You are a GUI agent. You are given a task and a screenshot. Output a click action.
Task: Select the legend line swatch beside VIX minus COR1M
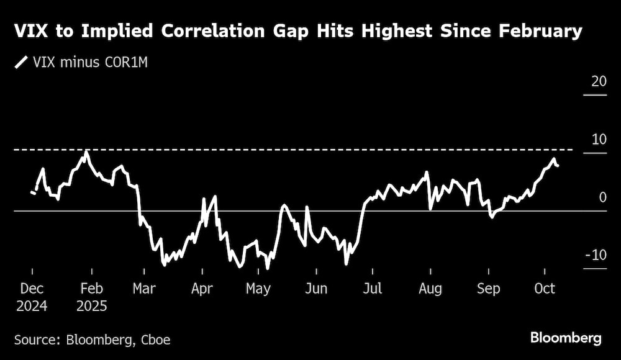tap(22, 63)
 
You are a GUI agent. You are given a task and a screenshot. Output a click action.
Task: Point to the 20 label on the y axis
tap(599, 81)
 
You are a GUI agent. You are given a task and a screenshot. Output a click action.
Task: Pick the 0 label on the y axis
tap(602, 197)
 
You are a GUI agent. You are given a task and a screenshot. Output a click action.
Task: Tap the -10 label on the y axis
tap(596, 255)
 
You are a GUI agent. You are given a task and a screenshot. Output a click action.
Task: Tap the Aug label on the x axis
tap(430, 289)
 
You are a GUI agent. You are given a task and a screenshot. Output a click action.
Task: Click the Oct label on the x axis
tap(545, 289)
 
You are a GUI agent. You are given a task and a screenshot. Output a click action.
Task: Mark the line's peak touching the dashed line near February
tap(86, 151)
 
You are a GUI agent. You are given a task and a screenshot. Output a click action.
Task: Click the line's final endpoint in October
tap(558, 166)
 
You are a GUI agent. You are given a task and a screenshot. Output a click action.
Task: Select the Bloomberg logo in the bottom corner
tap(566, 338)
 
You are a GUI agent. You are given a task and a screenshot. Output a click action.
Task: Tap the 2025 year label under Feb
tap(92, 306)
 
